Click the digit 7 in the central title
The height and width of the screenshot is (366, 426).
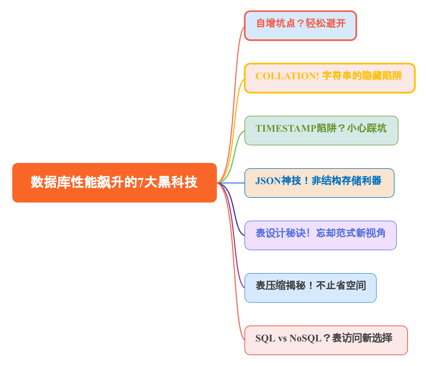pyautogui.click(x=141, y=183)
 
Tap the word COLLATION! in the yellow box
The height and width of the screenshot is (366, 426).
pyautogui.click(x=287, y=76)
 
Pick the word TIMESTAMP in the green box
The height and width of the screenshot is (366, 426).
pyautogui.click(x=286, y=128)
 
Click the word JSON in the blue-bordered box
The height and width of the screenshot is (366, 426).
pyautogui.click(x=268, y=181)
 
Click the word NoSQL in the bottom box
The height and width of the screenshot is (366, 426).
pyautogui.click(x=306, y=338)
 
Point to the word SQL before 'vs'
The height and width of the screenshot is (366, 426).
pyautogui.click(x=265, y=338)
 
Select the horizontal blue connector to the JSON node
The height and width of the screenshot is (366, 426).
pyautogui.click(x=231, y=183)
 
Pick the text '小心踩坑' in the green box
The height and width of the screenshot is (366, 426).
pyautogui.click(x=367, y=128)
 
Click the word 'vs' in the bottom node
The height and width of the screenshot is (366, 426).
pyautogui.click(x=282, y=338)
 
